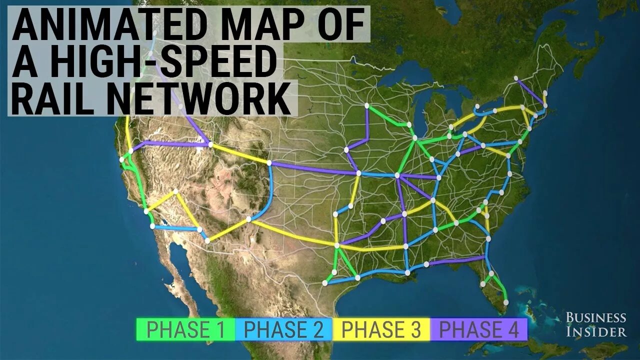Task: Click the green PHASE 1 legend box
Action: pyautogui.click(x=185, y=329)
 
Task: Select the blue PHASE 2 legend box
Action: pyautogui.click(x=283, y=329)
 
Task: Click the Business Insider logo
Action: pyautogui.click(x=595, y=324)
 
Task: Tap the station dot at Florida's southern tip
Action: pyautogui.click(x=506, y=302)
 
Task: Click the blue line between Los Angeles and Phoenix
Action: pyautogui.click(x=175, y=228)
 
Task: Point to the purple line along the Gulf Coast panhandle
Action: pyautogui.click(x=455, y=260)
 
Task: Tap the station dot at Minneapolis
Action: pyautogui.click(x=367, y=105)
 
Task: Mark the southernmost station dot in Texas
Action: pyautogui.click(x=324, y=283)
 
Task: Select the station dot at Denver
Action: pyautogui.click(x=269, y=163)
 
